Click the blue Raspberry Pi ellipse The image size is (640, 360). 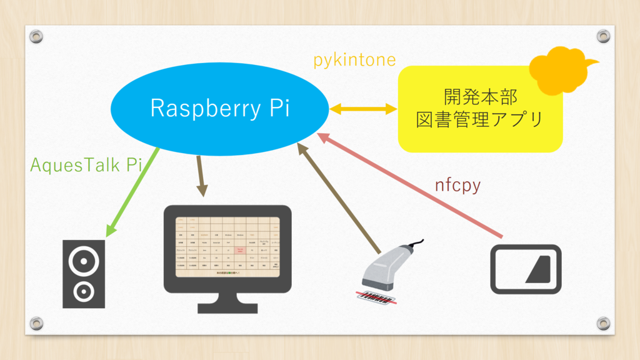219,109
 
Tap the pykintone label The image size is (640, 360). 354,60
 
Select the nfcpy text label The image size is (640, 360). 457,186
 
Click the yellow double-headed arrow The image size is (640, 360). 363,109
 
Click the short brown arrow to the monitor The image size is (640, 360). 201,176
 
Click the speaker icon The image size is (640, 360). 84,273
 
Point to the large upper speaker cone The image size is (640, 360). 84,261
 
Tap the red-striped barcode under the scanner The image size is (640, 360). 376,297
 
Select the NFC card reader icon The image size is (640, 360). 526,269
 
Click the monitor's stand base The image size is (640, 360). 227,307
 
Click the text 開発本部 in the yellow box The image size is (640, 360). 480,97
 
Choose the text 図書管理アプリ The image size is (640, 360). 480,119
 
